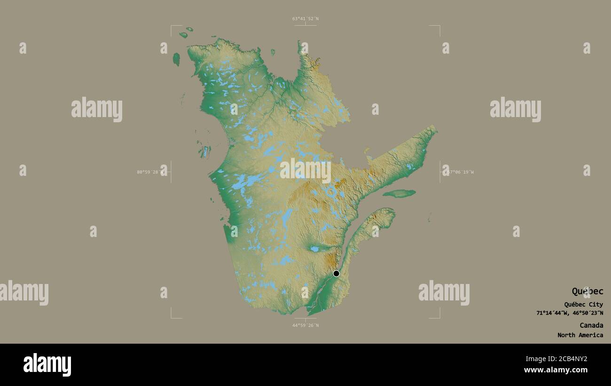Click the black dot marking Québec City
[x=336, y=274]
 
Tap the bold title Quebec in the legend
[x=587, y=291]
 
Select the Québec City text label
[x=583, y=304]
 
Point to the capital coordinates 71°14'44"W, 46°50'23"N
[x=570, y=313]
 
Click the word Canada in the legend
[x=591, y=325]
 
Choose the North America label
[x=580, y=335]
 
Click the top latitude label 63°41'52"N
[x=305, y=19]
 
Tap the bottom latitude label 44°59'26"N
[x=305, y=325]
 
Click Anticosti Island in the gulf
[x=399, y=193]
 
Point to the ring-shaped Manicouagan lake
[x=332, y=191]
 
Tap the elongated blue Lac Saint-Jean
[x=314, y=249]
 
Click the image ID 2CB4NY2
[x=571, y=359]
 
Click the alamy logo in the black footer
[x=47, y=365]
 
